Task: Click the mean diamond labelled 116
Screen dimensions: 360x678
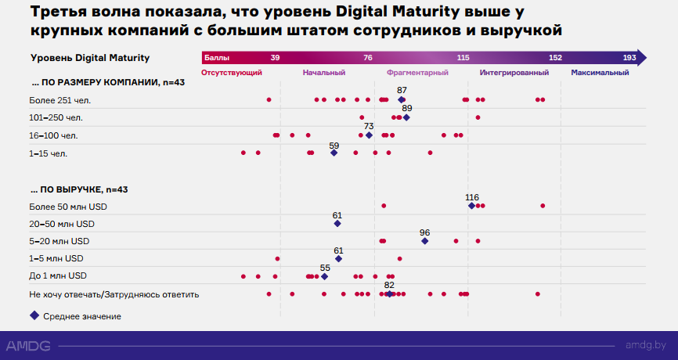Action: [471, 206]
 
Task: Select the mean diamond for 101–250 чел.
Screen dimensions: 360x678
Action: [406, 117]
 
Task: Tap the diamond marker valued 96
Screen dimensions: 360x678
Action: [425, 241]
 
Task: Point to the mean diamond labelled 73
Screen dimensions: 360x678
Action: [369, 135]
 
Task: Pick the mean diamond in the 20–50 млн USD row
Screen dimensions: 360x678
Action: [337, 224]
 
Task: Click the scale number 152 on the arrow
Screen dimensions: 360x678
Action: [555, 58]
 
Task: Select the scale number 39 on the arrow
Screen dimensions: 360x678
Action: [275, 58]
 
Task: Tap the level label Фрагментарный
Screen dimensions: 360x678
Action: [417, 72]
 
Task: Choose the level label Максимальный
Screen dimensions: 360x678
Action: [600, 72]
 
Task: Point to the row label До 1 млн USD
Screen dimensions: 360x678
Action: [58, 276]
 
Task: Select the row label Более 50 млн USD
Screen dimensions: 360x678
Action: [68, 207]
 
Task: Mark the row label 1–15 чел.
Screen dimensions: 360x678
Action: [49, 153]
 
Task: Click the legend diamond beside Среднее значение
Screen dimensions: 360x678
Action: [34, 315]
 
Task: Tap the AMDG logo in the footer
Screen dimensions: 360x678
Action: [27, 345]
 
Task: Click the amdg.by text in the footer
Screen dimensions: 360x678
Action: [646, 345]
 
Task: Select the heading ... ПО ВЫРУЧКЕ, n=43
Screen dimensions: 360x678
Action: [79, 189]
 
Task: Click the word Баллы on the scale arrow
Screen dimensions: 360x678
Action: [217, 58]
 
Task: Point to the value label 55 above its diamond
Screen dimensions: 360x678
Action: [325, 267]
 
